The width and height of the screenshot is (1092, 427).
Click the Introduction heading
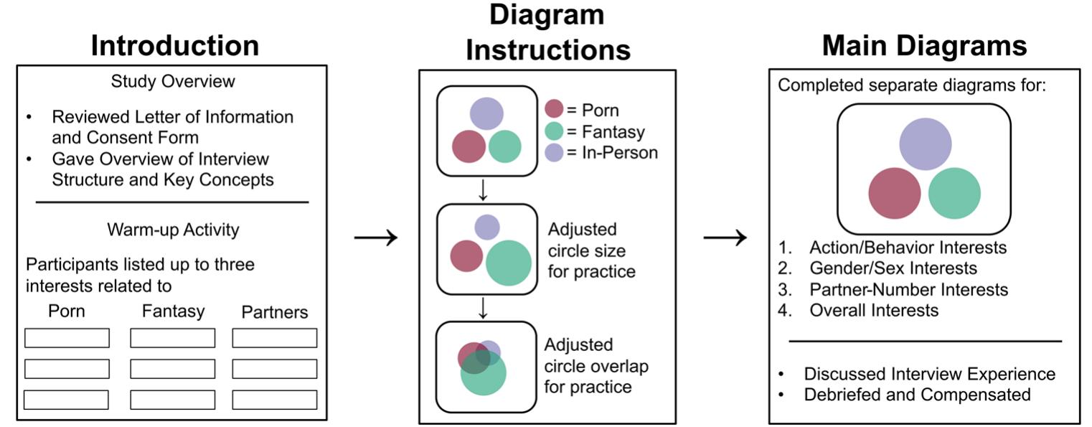pos(174,46)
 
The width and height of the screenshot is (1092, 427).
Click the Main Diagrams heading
pos(924,46)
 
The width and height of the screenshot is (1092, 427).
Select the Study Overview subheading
pos(173,81)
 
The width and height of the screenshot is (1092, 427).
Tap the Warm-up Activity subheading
pos(173,230)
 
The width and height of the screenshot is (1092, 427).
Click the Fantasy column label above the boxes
pos(173,311)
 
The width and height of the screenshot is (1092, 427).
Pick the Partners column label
pos(275,312)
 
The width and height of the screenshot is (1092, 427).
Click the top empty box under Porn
pos(67,338)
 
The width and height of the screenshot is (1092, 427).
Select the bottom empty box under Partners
pos(275,400)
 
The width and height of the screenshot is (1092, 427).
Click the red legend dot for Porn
pos(554,109)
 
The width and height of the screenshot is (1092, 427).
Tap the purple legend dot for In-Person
pos(554,152)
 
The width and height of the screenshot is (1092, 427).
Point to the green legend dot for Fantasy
pos(554,131)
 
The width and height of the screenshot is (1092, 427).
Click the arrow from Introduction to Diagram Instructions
pos(375,238)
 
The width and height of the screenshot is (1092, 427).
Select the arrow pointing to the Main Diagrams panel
pos(725,238)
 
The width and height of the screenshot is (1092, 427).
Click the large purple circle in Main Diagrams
pos(925,144)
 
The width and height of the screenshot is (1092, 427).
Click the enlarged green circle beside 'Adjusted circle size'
pos(509,263)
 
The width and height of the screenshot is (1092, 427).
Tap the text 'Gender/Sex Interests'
pos(893,268)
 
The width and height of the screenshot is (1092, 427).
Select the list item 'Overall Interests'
pos(873,311)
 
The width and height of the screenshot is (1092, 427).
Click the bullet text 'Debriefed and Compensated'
pos(917,395)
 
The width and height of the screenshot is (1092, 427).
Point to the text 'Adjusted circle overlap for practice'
pos(596,366)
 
